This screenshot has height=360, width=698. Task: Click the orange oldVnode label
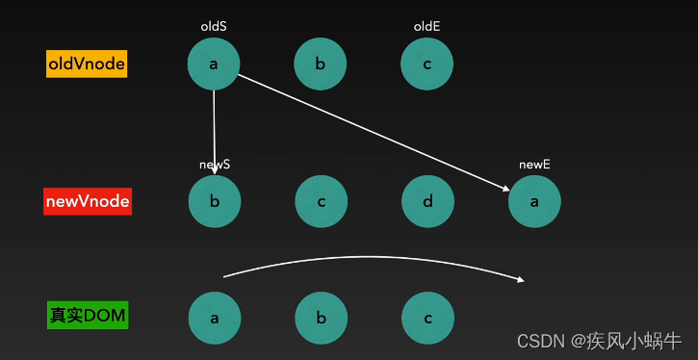(87, 64)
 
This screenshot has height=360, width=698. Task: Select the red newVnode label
(87, 202)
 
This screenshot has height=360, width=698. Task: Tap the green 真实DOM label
(87, 315)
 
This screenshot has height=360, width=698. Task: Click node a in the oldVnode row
(214, 64)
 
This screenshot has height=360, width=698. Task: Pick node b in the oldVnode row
(320, 64)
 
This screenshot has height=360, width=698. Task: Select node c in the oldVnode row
(427, 64)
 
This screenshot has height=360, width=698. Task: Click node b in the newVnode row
(214, 202)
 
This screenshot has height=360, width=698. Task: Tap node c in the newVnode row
(320, 202)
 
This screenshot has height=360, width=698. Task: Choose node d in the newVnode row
(427, 202)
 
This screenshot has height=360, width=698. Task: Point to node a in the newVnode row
(534, 202)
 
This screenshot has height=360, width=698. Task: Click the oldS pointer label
(213, 27)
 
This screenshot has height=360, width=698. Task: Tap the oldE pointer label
(427, 27)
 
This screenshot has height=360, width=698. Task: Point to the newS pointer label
(214, 165)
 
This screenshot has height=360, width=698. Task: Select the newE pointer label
(534, 165)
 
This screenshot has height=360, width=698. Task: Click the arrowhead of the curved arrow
(522, 280)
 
